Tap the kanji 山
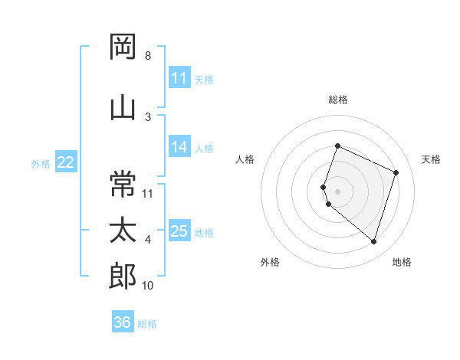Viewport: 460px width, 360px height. click(123, 106)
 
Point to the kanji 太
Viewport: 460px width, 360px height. click(123, 231)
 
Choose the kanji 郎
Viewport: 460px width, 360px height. click(123, 276)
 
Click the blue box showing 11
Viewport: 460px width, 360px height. click(179, 78)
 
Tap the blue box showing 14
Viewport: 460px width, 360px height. click(179, 148)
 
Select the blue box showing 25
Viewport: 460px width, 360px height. click(179, 232)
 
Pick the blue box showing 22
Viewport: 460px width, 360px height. click(65, 162)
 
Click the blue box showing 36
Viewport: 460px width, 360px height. click(122, 323)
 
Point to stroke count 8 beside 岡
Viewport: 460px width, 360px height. click(147, 56)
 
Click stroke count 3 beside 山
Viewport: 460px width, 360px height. click(147, 116)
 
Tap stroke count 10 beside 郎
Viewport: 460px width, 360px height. click(148, 286)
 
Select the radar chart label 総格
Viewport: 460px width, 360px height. click(337, 100)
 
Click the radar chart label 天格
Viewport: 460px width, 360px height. click(432, 159)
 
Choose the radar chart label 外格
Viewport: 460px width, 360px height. click(270, 263)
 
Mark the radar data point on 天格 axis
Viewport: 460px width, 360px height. click(396, 172)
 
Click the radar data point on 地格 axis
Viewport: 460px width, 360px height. click(373, 241)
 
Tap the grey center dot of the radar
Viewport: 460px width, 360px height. click(337, 191)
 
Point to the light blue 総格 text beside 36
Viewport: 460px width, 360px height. click(147, 324)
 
